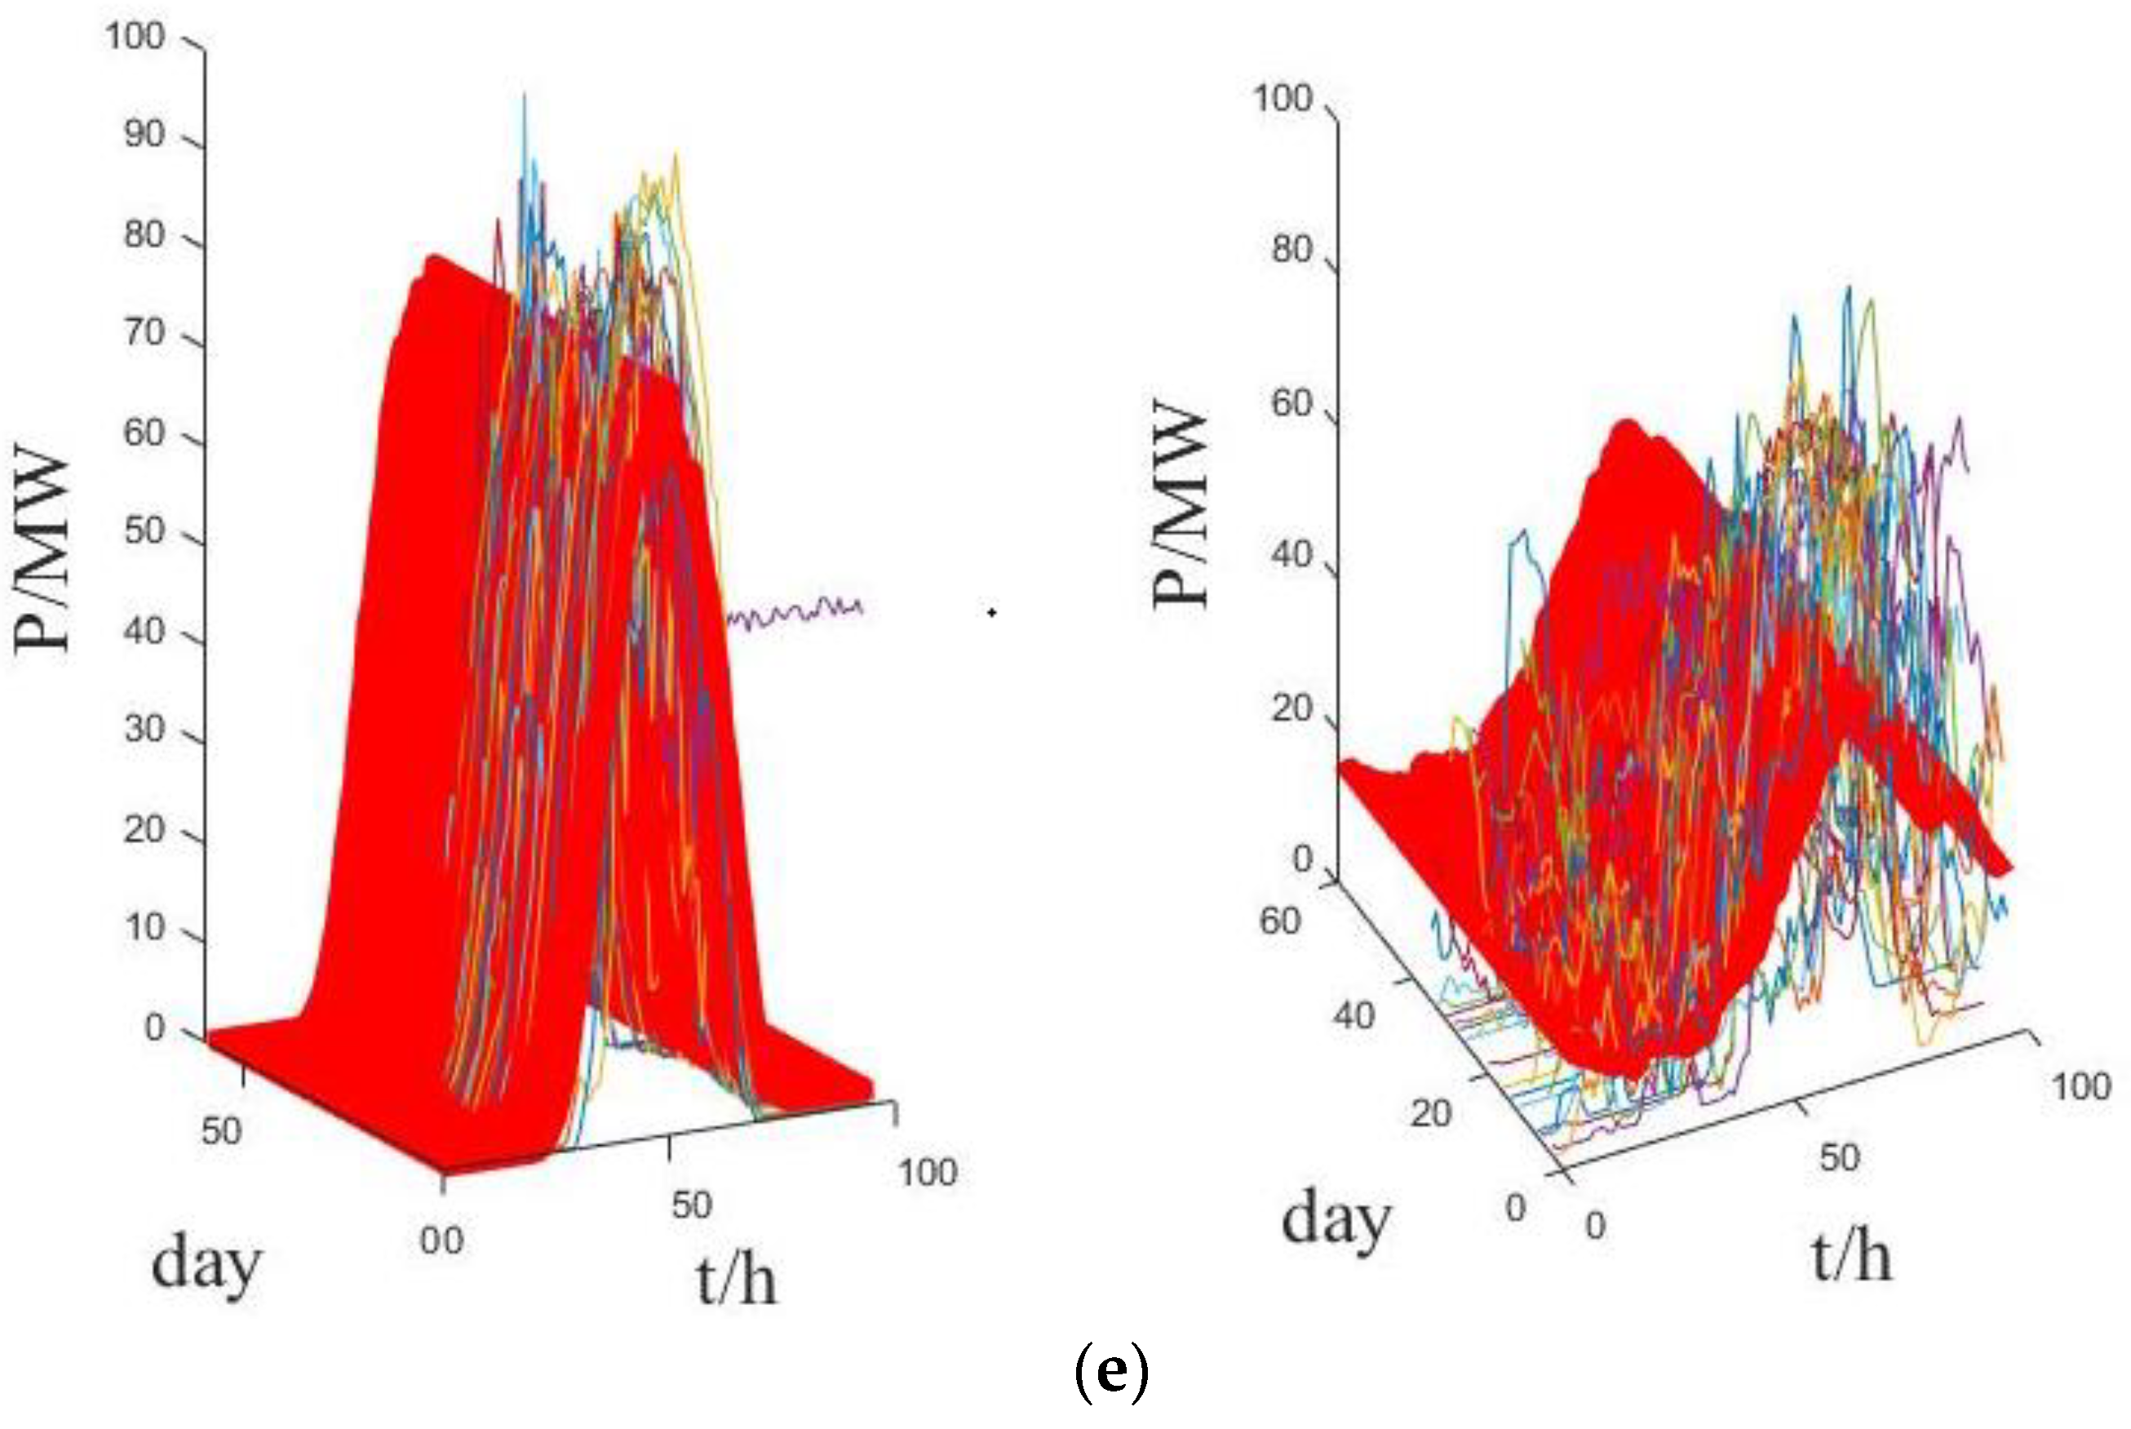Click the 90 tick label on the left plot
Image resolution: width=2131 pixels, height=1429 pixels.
[143, 135]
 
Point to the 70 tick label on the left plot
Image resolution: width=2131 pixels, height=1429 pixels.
[143, 333]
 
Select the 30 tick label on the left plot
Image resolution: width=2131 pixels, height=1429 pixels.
[143, 729]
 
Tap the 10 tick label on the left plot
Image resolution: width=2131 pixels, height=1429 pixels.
[143, 928]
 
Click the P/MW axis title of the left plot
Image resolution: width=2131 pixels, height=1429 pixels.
[42, 547]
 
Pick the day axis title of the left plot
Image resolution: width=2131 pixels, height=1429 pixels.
[206, 1265]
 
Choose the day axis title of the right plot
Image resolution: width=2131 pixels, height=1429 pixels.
[1336, 1219]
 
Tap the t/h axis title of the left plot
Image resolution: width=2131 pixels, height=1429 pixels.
[736, 1280]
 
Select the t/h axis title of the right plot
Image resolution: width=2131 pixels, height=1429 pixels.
[1851, 1258]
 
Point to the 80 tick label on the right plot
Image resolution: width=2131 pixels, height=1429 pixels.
[1291, 249]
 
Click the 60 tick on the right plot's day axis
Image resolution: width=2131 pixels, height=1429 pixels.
[1279, 921]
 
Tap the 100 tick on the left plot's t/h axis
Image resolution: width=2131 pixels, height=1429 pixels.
[928, 1173]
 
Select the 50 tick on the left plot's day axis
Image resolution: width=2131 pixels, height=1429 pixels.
[221, 1131]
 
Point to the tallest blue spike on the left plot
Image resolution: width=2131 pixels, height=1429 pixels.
[524, 100]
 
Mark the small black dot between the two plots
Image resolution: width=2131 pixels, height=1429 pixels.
[991, 612]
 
